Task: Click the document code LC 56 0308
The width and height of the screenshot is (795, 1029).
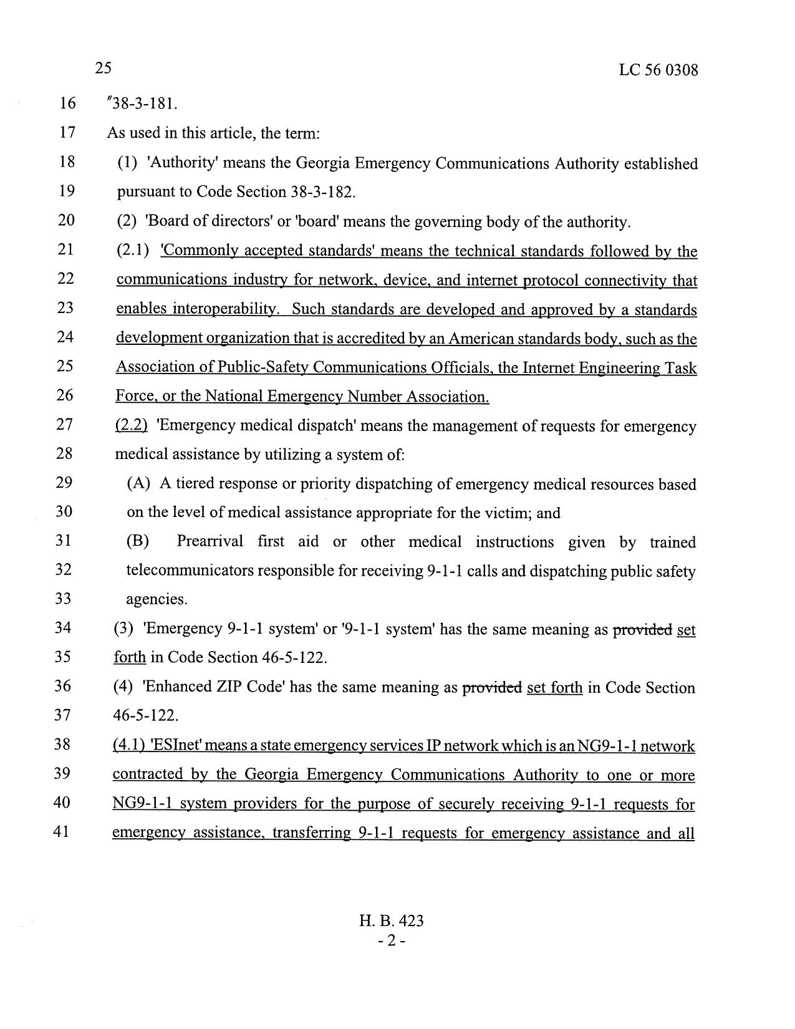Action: click(658, 70)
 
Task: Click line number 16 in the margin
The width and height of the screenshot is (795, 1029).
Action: click(67, 103)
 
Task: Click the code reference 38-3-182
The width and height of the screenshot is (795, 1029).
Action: click(322, 191)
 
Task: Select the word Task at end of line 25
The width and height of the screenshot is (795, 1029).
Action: click(680, 368)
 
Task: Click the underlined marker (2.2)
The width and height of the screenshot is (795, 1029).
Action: click(132, 426)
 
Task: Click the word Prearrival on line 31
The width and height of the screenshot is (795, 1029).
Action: click(210, 542)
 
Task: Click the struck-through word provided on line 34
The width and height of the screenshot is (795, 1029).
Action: click(642, 629)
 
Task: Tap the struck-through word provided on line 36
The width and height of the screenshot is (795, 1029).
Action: click(491, 687)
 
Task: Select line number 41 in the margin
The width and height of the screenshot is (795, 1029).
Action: click(67, 832)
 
